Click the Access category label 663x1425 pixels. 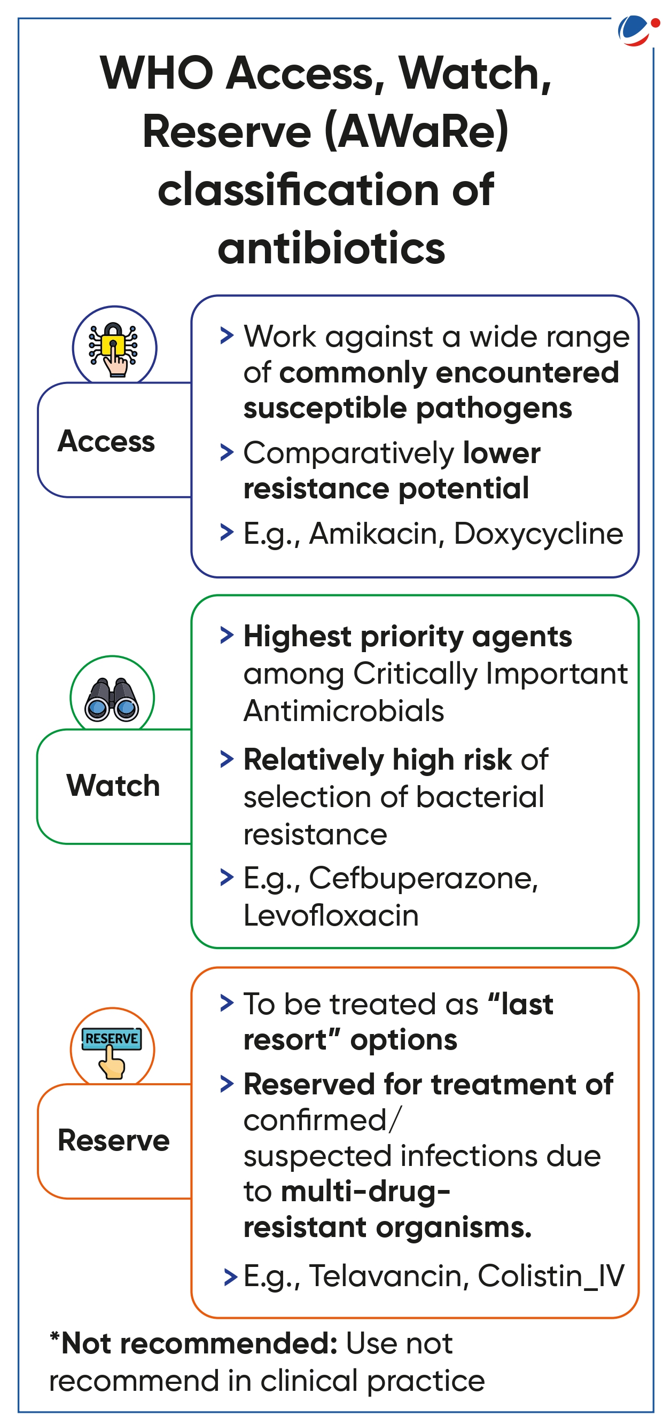tap(106, 441)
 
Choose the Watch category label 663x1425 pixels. tap(113, 786)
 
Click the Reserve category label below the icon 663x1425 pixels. tap(113, 1141)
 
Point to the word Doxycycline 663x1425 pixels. tap(538, 534)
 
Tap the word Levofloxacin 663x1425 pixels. tap(331, 915)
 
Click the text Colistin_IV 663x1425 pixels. tap(551, 1276)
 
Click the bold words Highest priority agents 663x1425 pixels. tap(407, 637)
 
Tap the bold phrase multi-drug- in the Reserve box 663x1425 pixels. tap(365, 1192)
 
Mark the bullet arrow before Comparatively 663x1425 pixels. tap(227, 452)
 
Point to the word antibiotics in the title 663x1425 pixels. tap(331, 249)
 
